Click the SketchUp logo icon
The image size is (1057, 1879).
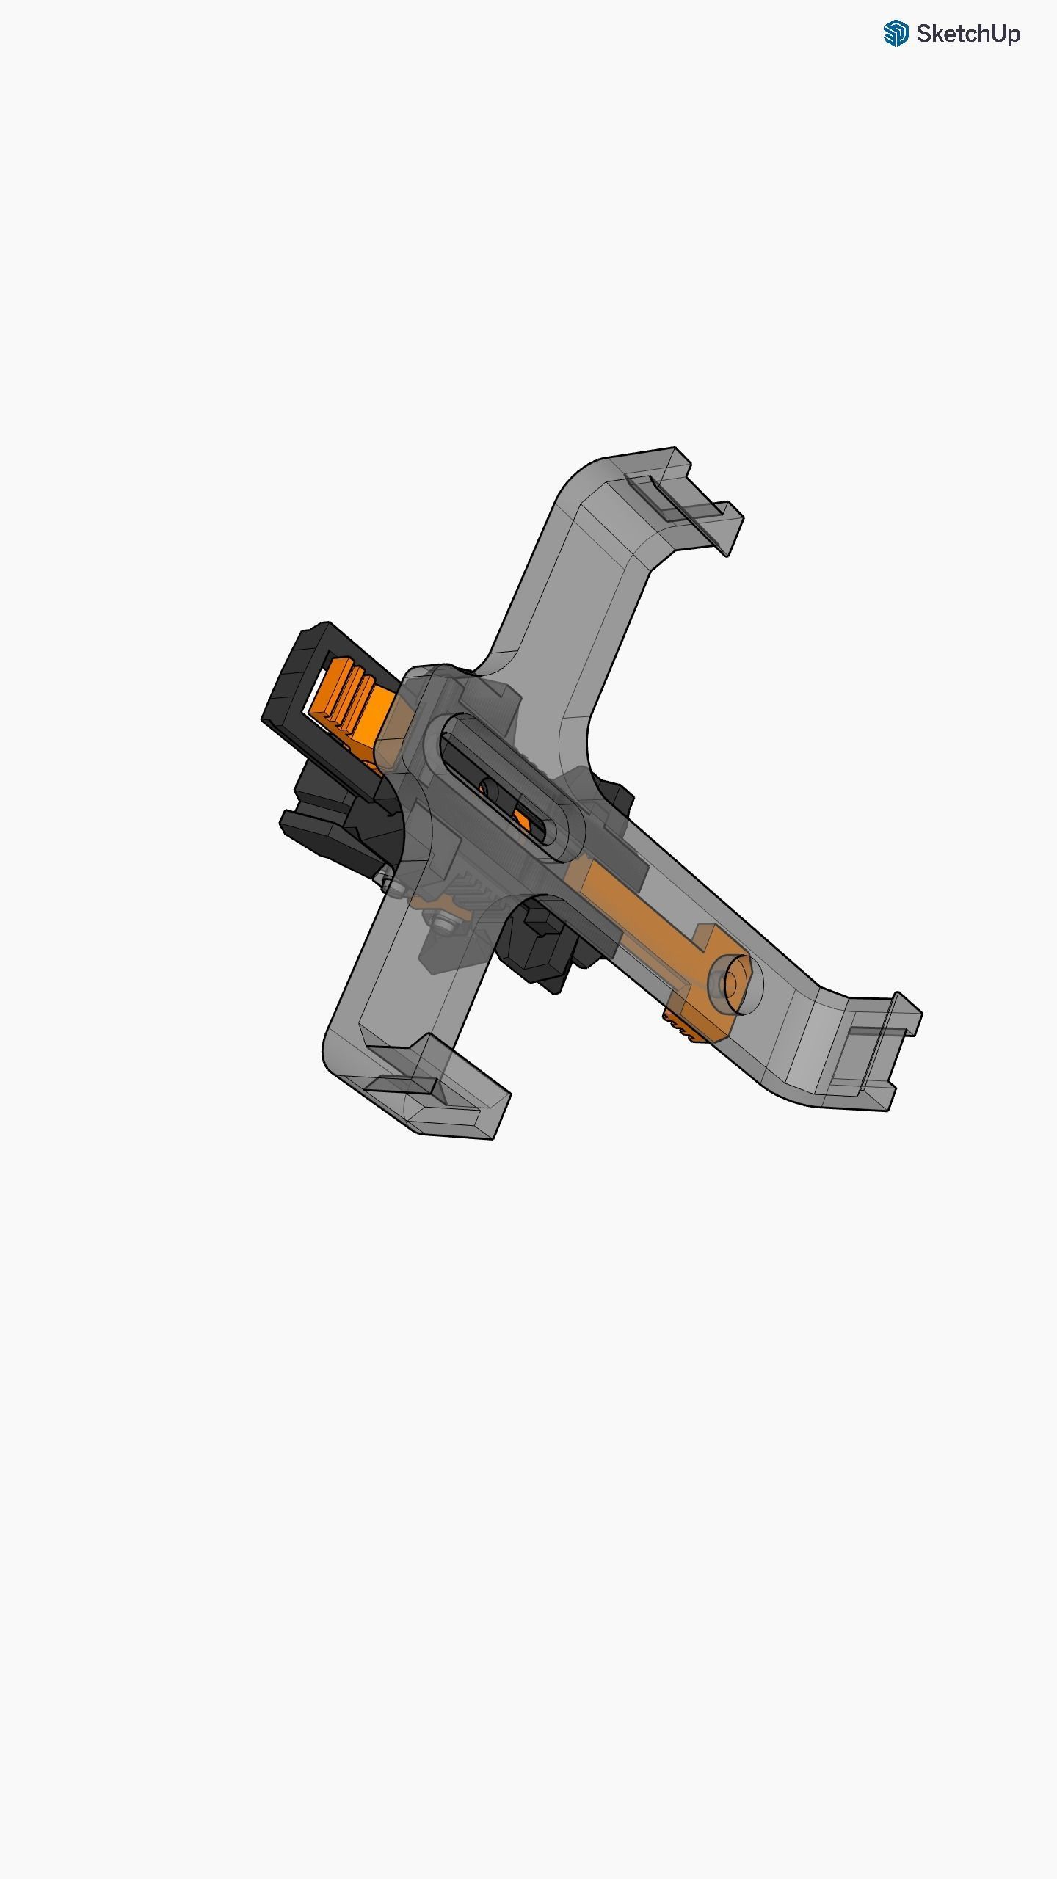pyautogui.click(x=896, y=34)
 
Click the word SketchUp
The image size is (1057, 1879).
pyautogui.click(x=967, y=34)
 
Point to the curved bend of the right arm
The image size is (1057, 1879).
pyautogui.click(x=815, y=1020)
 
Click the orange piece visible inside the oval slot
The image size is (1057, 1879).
pyautogui.click(x=523, y=818)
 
